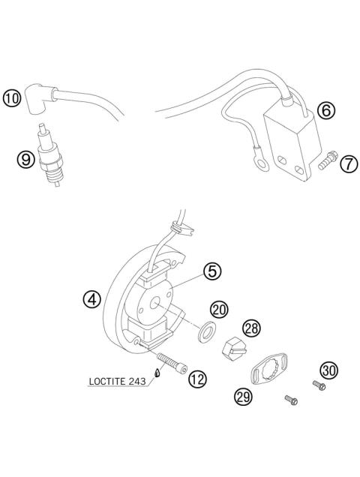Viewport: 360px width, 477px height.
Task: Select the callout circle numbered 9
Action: click(x=25, y=158)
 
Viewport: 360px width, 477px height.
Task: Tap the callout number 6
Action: click(x=325, y=111)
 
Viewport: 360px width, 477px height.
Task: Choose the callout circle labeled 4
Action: click(x=91, y=300)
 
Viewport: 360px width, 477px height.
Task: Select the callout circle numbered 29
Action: click(x=242, y=397)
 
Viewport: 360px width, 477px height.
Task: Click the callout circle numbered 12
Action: click(x=196, y=379)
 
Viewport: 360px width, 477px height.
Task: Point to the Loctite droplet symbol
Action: click(x=157, y=373)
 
